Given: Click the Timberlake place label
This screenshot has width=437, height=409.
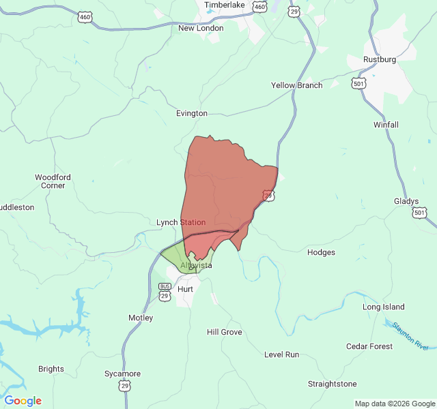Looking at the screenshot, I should tap(225, 5).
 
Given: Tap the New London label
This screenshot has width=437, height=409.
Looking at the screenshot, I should tap(201, 28).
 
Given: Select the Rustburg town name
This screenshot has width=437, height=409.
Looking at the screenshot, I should tap(380, 59).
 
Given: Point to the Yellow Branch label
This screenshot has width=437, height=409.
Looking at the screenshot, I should tap(296, 85).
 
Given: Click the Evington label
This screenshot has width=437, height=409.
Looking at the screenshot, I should tap(191, 113).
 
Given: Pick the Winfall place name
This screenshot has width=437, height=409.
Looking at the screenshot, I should tap(386, 125).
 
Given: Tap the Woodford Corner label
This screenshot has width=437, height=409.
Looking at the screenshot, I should tap(53, 181).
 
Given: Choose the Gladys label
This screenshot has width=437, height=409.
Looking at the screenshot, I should tap(406, 201).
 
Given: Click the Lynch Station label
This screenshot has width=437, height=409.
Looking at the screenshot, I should tap(181, 222).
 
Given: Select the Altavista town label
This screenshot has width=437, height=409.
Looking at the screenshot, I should tap(196, 265).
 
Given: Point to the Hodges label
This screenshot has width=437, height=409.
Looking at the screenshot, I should tap(321, 252).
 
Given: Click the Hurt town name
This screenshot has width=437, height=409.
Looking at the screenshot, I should tap(185, 289).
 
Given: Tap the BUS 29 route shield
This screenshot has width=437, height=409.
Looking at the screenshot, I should tap(165, 292).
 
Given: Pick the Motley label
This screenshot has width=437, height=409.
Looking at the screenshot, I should tap(141, 318).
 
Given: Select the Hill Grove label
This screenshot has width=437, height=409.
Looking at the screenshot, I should tap(225, 332).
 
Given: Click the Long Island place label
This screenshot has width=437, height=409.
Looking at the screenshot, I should tap(383, 307).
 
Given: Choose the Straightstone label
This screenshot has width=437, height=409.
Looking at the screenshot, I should tap(332, 384).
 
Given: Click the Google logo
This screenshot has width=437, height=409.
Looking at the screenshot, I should tap(23, 401).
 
